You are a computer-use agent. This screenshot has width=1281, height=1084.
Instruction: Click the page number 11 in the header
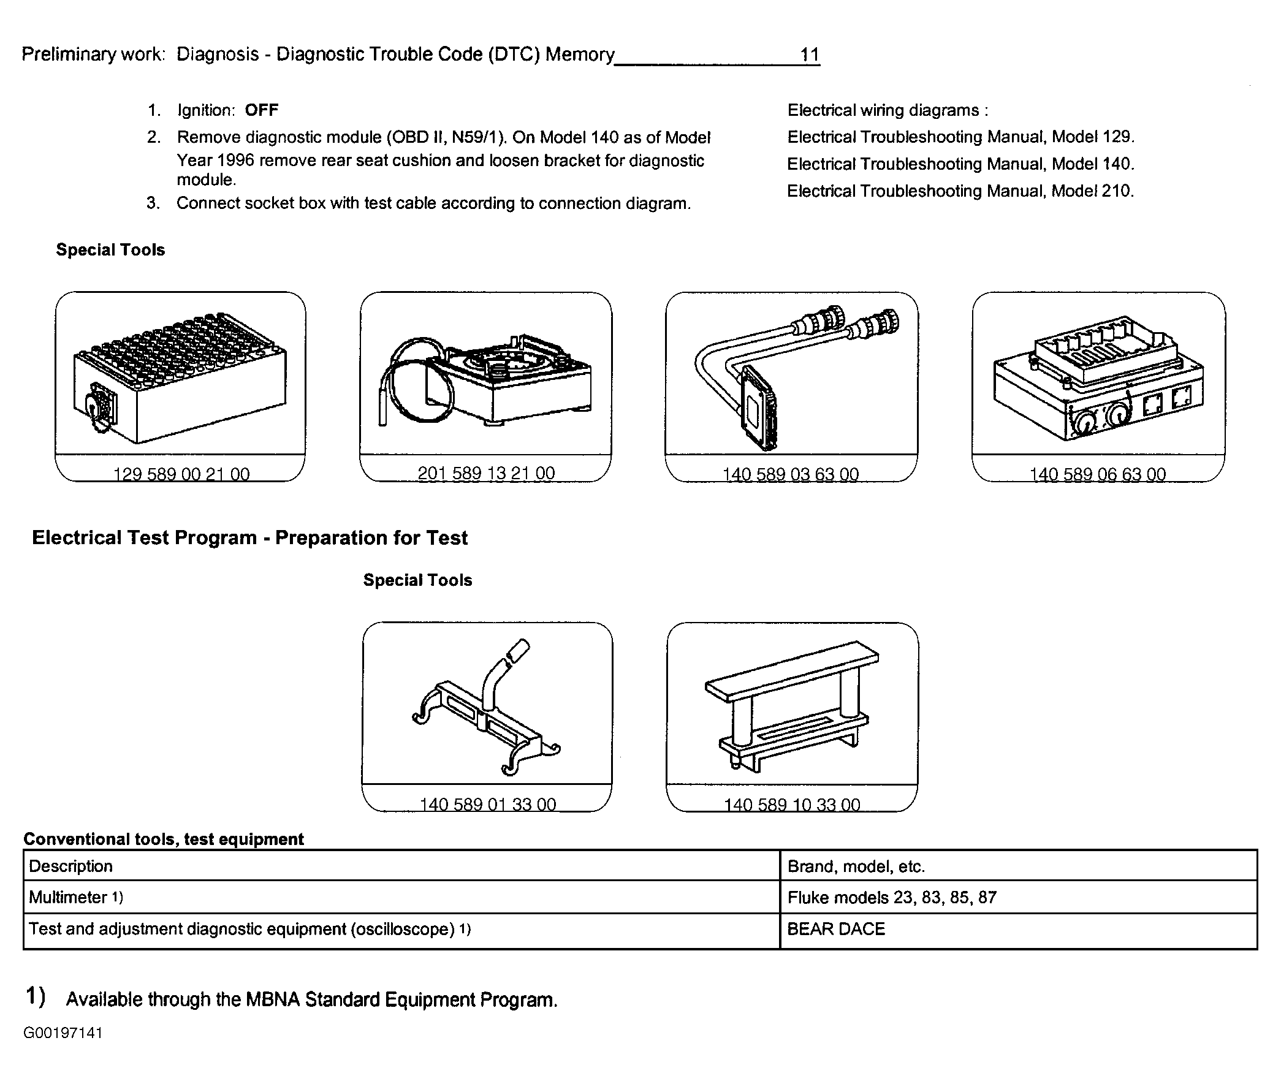click(x=809, y=55)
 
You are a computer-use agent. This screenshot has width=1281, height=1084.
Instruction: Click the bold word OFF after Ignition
click(x=261, y=110)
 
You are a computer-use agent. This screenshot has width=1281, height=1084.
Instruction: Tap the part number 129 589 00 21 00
click(x=181, y=474)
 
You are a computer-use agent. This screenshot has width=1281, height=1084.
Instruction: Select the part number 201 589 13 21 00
click(x=485, y=473)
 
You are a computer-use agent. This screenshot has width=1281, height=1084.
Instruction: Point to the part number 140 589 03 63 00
click(x=791, y=474)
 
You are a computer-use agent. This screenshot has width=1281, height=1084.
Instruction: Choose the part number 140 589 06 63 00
click(x=1097, y=474)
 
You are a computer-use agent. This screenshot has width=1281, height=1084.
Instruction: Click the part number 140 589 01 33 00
click(x=487, y=804)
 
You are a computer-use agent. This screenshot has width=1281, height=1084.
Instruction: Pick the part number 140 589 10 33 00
click(x=792, y=804)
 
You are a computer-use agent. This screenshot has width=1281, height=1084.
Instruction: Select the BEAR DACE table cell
click(x=836, y=928)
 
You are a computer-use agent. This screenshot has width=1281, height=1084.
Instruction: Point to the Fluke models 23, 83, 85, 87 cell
click(x=891, y=897)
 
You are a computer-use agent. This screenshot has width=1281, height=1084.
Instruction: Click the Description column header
click(x=70, y=866)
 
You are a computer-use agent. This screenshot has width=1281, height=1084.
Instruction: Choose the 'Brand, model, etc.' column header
click(x=856, y=866)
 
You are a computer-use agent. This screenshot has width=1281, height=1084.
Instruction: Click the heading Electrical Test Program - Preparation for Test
click(x=249, y=537)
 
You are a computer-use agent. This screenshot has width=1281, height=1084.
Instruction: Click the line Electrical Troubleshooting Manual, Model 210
click(x=960, y=191)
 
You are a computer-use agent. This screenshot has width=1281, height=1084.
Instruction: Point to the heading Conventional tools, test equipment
click(x=164, y=839)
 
